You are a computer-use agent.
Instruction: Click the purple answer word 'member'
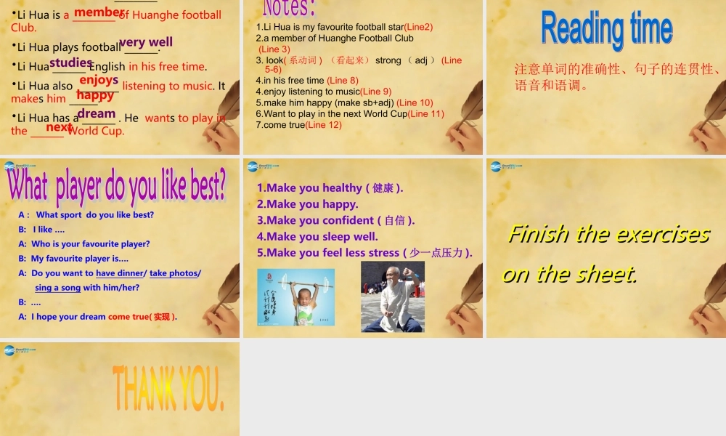(99, 12)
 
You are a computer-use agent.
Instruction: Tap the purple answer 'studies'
(70, 63)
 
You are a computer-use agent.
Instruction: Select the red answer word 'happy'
(95, 95)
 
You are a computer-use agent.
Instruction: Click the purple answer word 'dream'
(97, 113)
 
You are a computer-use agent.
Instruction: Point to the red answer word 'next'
(59, 128)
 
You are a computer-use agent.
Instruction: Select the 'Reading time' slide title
(606, 29)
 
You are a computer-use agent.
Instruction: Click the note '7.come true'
(280, 125)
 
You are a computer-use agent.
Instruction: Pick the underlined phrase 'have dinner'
(120, 273)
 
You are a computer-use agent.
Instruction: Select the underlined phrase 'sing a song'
(57, 288)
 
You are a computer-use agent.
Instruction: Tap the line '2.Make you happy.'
(308, 204)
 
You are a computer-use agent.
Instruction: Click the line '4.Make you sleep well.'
(317, 236)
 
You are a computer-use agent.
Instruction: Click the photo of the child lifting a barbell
(295, 297)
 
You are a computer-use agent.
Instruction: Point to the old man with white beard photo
(392, 296)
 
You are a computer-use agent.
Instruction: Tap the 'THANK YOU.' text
(168, 389)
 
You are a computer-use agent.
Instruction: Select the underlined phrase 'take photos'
(174, 273)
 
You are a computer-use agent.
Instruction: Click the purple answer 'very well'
(146, 42)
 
